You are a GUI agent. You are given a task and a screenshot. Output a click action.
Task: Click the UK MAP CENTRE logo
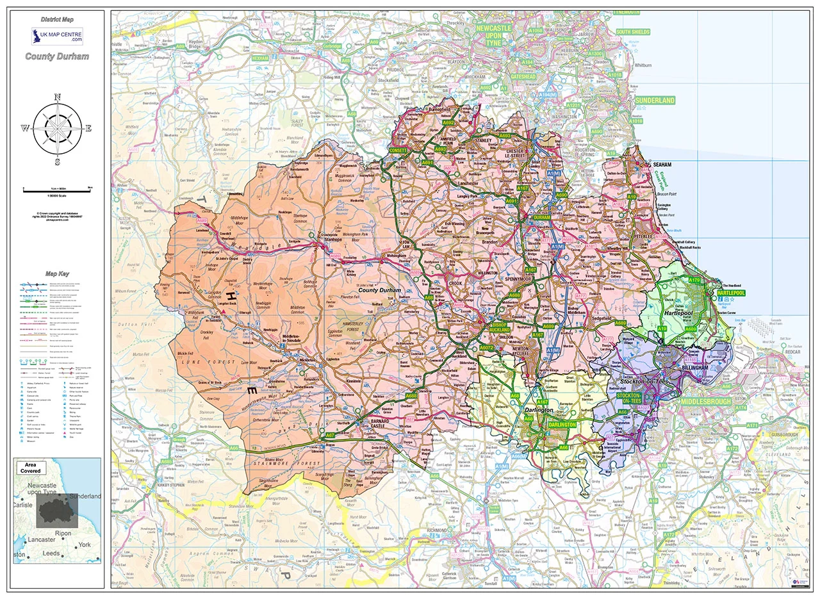57,35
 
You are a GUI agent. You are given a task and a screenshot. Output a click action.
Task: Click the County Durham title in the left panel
57,56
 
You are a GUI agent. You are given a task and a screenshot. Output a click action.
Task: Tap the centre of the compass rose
58,127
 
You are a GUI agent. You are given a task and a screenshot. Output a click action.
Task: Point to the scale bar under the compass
58,190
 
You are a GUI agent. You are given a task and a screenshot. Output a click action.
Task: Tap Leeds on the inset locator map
51,553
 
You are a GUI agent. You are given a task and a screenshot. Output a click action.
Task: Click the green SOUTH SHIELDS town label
632,32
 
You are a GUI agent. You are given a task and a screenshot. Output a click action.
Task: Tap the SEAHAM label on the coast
662,165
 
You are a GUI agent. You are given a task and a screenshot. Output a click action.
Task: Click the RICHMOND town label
436,530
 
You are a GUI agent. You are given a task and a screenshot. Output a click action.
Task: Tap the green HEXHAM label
260,58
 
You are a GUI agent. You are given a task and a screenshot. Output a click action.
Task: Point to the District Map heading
57,20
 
